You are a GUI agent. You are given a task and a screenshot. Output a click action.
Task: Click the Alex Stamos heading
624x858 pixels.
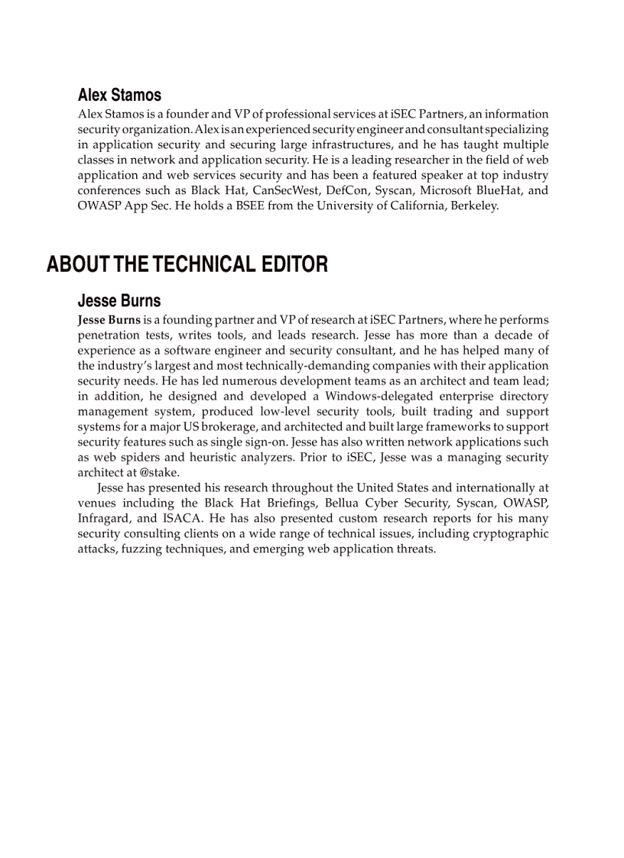(119, 96)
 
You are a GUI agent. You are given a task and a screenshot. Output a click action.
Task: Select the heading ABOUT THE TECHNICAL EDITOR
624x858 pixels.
(187, 264)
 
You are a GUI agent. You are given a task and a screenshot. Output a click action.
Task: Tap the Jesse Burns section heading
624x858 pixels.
(119, 300)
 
